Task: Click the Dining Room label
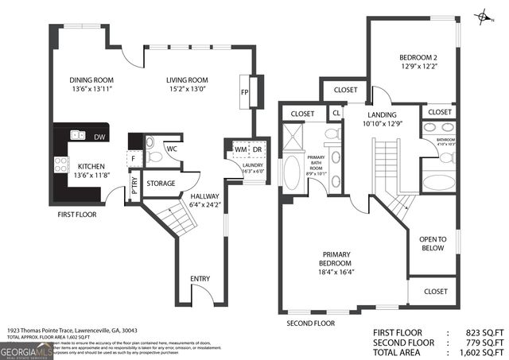pyautogui.click(x=91, y=79)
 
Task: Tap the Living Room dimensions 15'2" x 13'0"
pyautogui.click(x=187, y=90)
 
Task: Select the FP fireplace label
pyautogui.click(x=244, y=91)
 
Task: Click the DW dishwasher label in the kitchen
pyautogui.click(x=99, y=137)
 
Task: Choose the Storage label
pyautogui.click(x=161, y=184)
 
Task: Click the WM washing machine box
pyautogui.click(x=239, y=149)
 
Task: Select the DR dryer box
pyautogui.click(x=257, y=149)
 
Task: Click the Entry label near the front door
pyautogui.click(x=200, y=279)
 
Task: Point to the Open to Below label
pyautogui.click(x=433, y=244)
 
